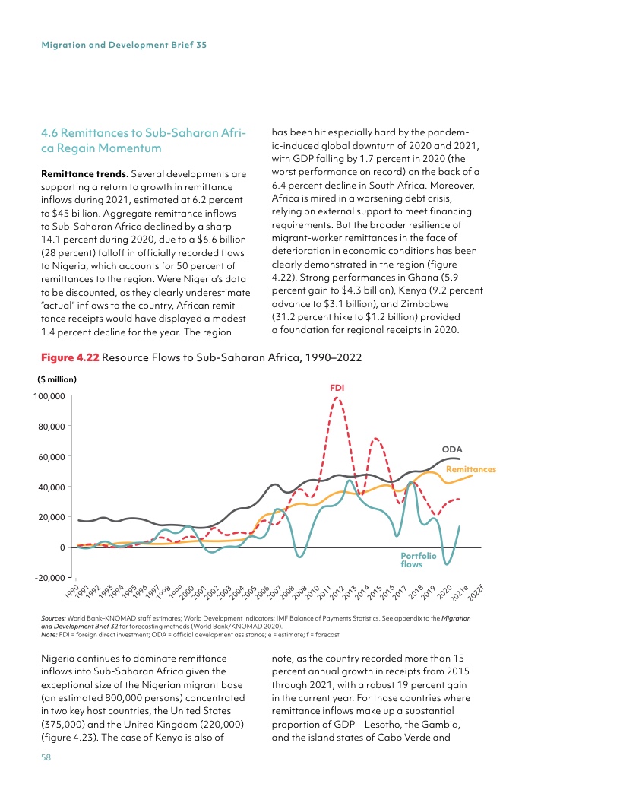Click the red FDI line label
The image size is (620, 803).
pos(337,388)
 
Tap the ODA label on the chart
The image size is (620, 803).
pos(453,449)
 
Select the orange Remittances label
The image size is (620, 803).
pos(470,470)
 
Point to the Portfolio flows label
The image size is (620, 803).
pos(418,560)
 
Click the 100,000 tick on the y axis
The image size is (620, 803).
pos(48,395)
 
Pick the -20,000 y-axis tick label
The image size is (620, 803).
pos(49,578)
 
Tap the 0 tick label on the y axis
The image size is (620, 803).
pos(62,547)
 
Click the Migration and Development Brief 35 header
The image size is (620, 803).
pos(125,45)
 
